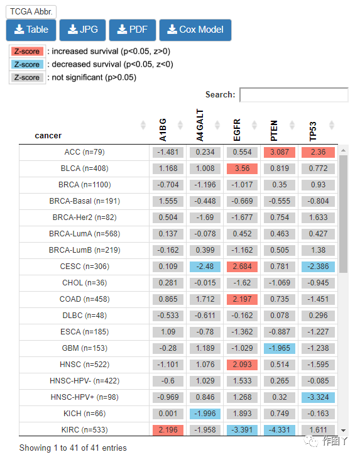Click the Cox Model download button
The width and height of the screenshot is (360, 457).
click(x=195, y=30)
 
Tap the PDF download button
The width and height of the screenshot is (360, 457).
click(x=132, y=30)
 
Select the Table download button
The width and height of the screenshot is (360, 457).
click(x=31, y=30)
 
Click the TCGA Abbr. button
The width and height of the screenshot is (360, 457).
click(x=31, y=12)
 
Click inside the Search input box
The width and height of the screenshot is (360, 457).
click(x=294, y=95)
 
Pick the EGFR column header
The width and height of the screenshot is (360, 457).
click(x=237, y=129)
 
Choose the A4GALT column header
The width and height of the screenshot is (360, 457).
click(x=200, y=125)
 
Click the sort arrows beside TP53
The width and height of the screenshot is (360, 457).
click(x=332, y=125)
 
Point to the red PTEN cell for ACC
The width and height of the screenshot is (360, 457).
click(x=280, y=152)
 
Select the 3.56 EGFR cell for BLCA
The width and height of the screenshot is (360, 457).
click(x=242, y=168)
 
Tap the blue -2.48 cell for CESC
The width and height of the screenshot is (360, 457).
click(x=205, y=267)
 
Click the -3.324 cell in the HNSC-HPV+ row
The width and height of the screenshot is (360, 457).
click(x=318, y=397)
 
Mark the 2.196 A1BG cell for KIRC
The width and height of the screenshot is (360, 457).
click(x=168, y=429)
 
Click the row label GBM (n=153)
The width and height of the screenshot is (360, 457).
click(x=84, y=348)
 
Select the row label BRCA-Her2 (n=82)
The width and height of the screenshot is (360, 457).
click(x=84, y=217)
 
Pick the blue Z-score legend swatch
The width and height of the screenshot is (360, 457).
click(x=27, y=64)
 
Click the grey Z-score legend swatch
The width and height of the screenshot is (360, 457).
click(x=27, y=77)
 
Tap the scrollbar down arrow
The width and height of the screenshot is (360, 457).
click(x=344, y=431)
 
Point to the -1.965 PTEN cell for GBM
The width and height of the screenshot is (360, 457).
click(x=280, y=348)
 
